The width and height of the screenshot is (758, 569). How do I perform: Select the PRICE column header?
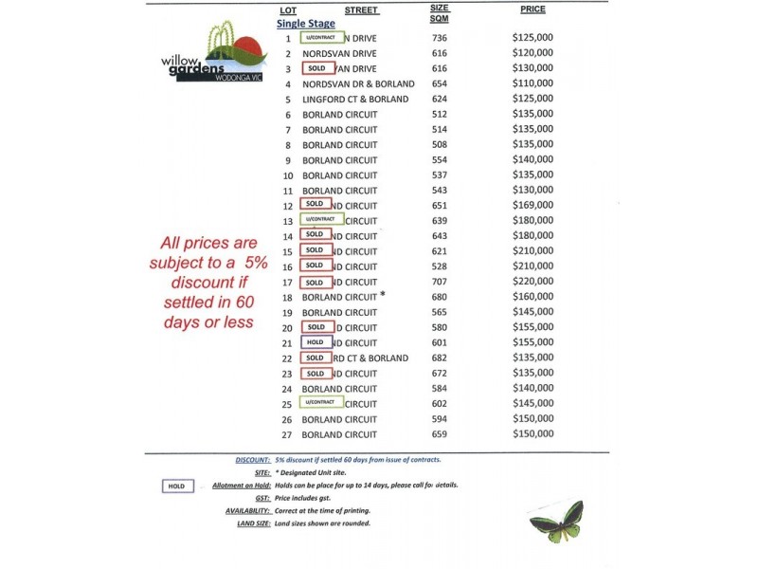[x=532, y=9]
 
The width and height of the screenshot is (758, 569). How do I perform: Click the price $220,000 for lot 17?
[x=532, y=282]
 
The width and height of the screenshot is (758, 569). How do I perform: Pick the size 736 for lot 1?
[x=439, y=38]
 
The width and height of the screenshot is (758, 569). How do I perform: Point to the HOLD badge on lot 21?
[x=316, y=342]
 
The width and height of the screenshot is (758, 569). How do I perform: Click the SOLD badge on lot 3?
[x=316, y=68]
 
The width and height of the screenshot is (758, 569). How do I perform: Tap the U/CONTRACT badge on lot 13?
[x=321, y=219]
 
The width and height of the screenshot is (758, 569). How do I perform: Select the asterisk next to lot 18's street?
[x=383, y=295]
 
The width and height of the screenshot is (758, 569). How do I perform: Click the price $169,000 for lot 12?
[x=532, y=205]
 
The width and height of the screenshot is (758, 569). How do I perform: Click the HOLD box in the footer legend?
[x=176, y=486]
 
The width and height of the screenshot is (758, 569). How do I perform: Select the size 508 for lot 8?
[x=439, y=145]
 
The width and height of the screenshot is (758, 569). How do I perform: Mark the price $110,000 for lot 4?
[x=532, y=83]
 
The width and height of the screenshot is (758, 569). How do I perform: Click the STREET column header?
[x=361, y=10]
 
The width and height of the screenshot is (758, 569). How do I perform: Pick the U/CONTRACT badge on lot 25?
[x=321, y=402]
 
